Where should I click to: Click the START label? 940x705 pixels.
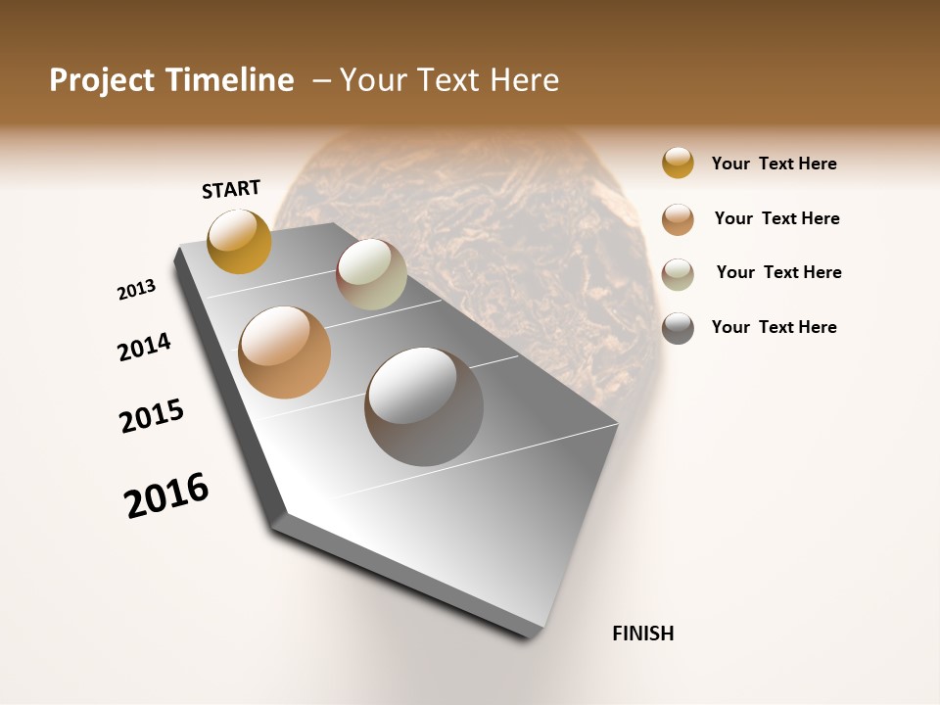(231, 189)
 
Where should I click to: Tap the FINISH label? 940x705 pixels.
(642, 634)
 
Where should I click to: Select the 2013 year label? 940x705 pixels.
(136, 290)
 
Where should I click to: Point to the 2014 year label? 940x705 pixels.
(144, 347)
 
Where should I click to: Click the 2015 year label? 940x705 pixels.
(152, 416)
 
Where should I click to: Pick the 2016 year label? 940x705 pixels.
(166, 494)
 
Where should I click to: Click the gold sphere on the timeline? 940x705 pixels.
(239, 241)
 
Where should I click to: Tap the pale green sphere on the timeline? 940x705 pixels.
(371, 274)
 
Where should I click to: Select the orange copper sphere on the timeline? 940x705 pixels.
(284, 352)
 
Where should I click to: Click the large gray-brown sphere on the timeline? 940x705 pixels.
(423, 406)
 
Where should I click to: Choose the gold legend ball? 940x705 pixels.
(678, 164)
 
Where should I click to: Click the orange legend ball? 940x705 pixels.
(678, 218)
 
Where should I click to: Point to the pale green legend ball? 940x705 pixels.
(678, 273)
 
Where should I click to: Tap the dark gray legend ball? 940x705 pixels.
(678, 328)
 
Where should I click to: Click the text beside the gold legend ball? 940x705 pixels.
(774, 164)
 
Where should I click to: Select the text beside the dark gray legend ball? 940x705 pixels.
(774, 327)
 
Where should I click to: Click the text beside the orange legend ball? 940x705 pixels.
(776, 218)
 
